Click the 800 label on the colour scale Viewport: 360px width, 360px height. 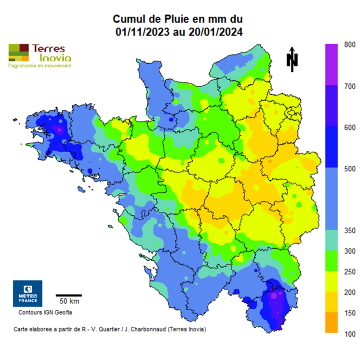(350, 44)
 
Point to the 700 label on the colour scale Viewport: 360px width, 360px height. (350, 86)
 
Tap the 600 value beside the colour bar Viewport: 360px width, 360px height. (350, 127)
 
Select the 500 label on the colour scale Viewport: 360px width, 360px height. (350, 169)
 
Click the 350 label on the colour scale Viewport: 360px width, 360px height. (350, 231)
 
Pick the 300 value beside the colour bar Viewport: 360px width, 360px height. (350, 251)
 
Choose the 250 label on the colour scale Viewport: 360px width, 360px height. (350, 272)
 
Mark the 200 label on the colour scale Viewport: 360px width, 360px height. (350, 293)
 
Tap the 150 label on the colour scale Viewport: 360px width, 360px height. (350, 313)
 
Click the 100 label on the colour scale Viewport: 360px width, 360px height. (350, 334)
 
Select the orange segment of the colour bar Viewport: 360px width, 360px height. (332, 323)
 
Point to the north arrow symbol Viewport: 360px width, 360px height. (292, 59)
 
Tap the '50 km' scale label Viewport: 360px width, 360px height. (69, 301)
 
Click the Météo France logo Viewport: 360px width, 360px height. (27, 293)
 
